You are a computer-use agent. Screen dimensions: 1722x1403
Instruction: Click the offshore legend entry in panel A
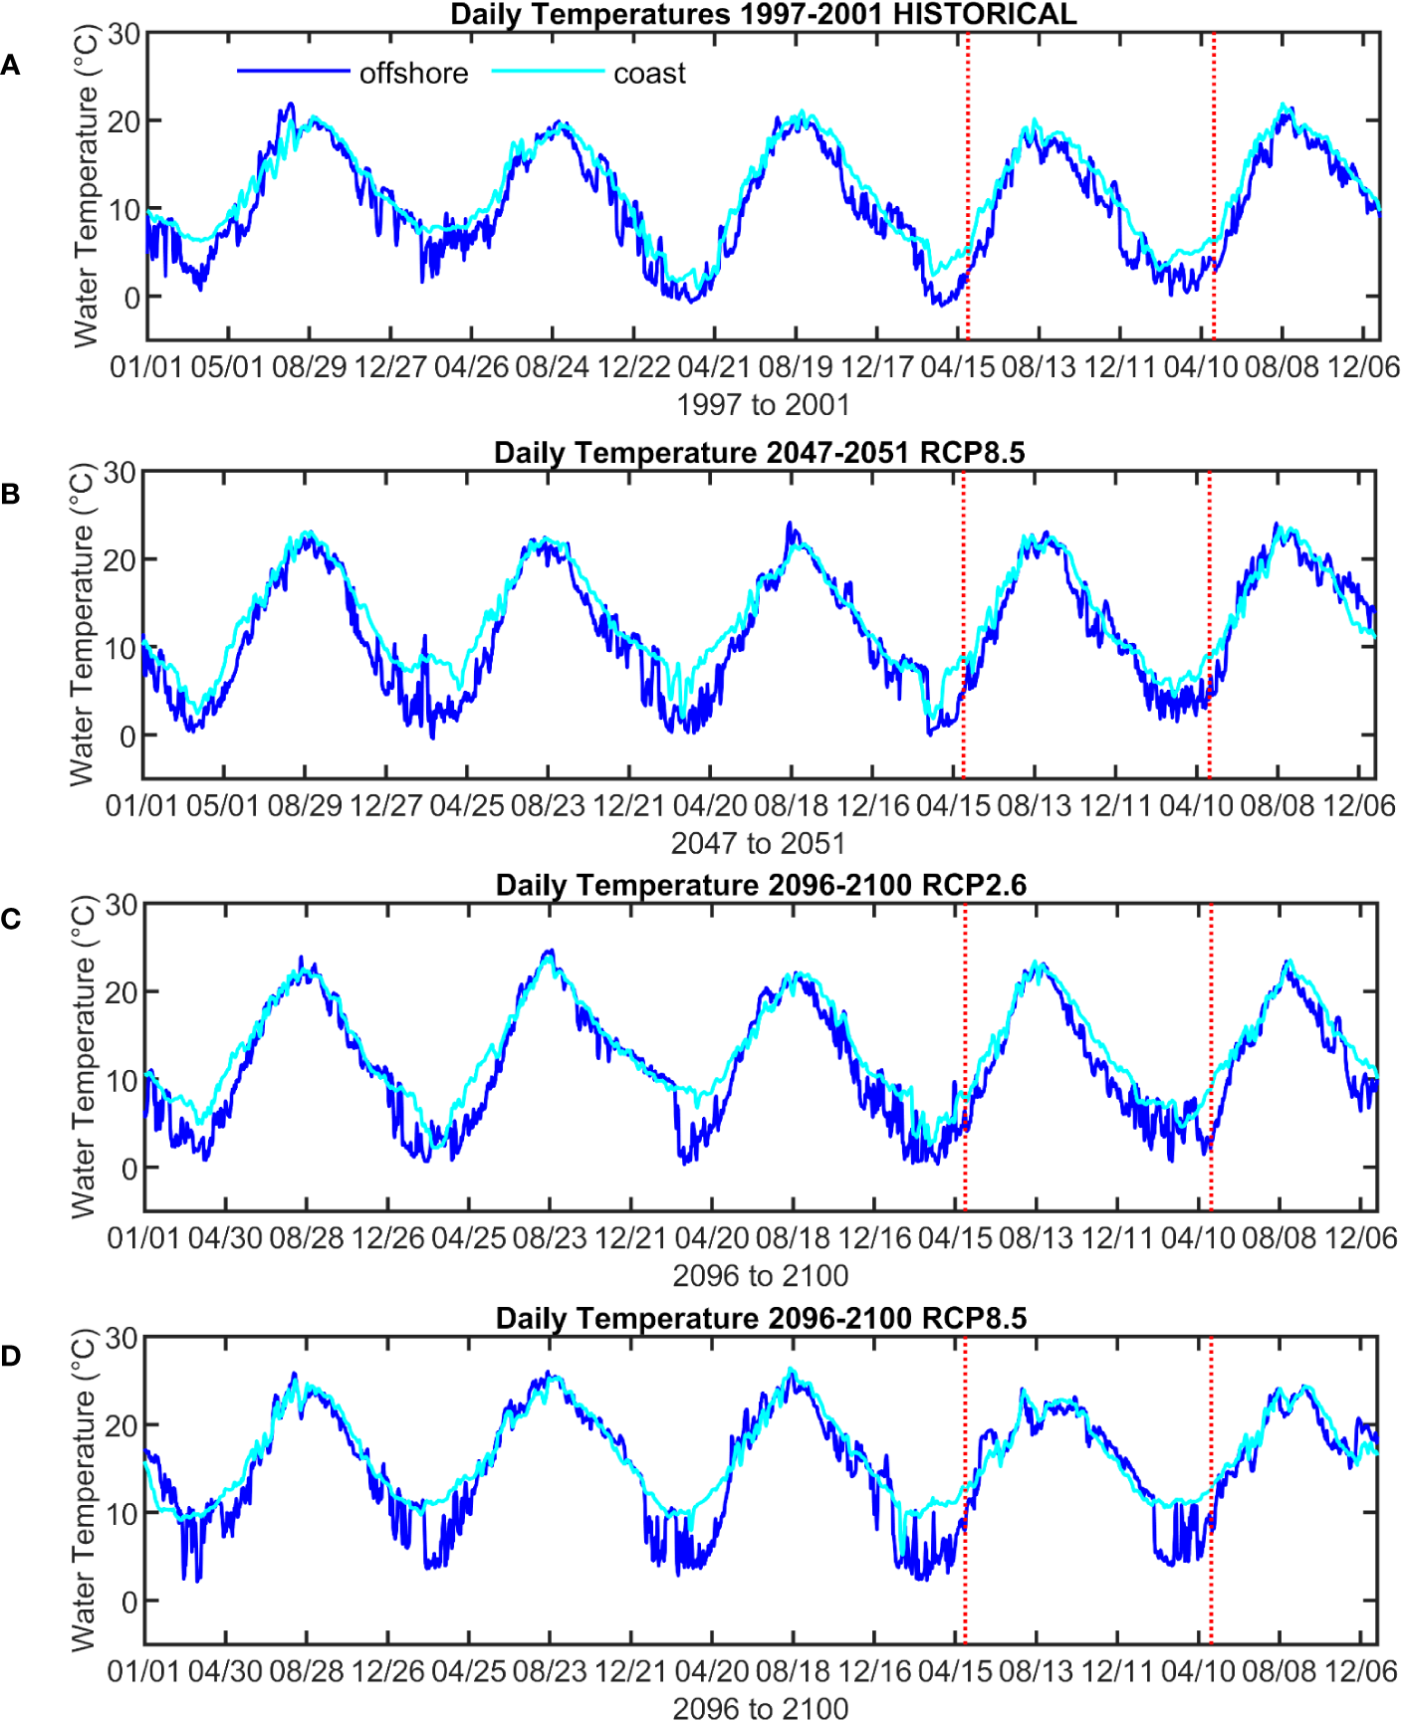click(x=413, y=74)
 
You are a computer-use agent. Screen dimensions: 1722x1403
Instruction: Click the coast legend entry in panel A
click(x=649, y=74)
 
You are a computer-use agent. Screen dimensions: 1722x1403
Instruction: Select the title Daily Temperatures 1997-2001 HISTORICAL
click(x=763, y=14)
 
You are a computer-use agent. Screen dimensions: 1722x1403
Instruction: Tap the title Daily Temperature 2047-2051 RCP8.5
click(x=759, y=453)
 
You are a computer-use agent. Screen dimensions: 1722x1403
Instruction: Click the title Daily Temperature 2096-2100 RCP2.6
click(x=761, y=885)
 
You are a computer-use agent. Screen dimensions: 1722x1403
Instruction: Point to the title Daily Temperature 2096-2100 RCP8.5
click(x=761, y=1318)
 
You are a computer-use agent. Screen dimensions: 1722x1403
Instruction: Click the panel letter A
click(x=11, y=66)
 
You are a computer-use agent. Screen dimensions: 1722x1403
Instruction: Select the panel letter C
click(x=11, y=919)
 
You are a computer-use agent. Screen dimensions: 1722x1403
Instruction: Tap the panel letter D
click(x=11, y=1356)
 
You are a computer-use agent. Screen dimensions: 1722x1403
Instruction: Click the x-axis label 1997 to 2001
click(x=763, y=405)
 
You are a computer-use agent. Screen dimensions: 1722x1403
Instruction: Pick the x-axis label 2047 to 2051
click(x=758, y=843)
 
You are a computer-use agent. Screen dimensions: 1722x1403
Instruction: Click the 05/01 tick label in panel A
click(x=227, y=366)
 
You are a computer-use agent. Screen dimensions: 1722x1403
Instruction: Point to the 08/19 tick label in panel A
click(x=796, y=366)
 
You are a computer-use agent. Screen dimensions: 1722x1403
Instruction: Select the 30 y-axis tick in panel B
click(x=119, y=473)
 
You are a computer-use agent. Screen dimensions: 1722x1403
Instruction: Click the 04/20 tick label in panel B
click(x=710, y=805)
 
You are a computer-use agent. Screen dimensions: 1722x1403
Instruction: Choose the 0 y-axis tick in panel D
click(x=129, y=1602)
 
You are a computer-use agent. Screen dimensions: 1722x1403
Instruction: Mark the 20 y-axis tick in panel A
click(x=123, y=121)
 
